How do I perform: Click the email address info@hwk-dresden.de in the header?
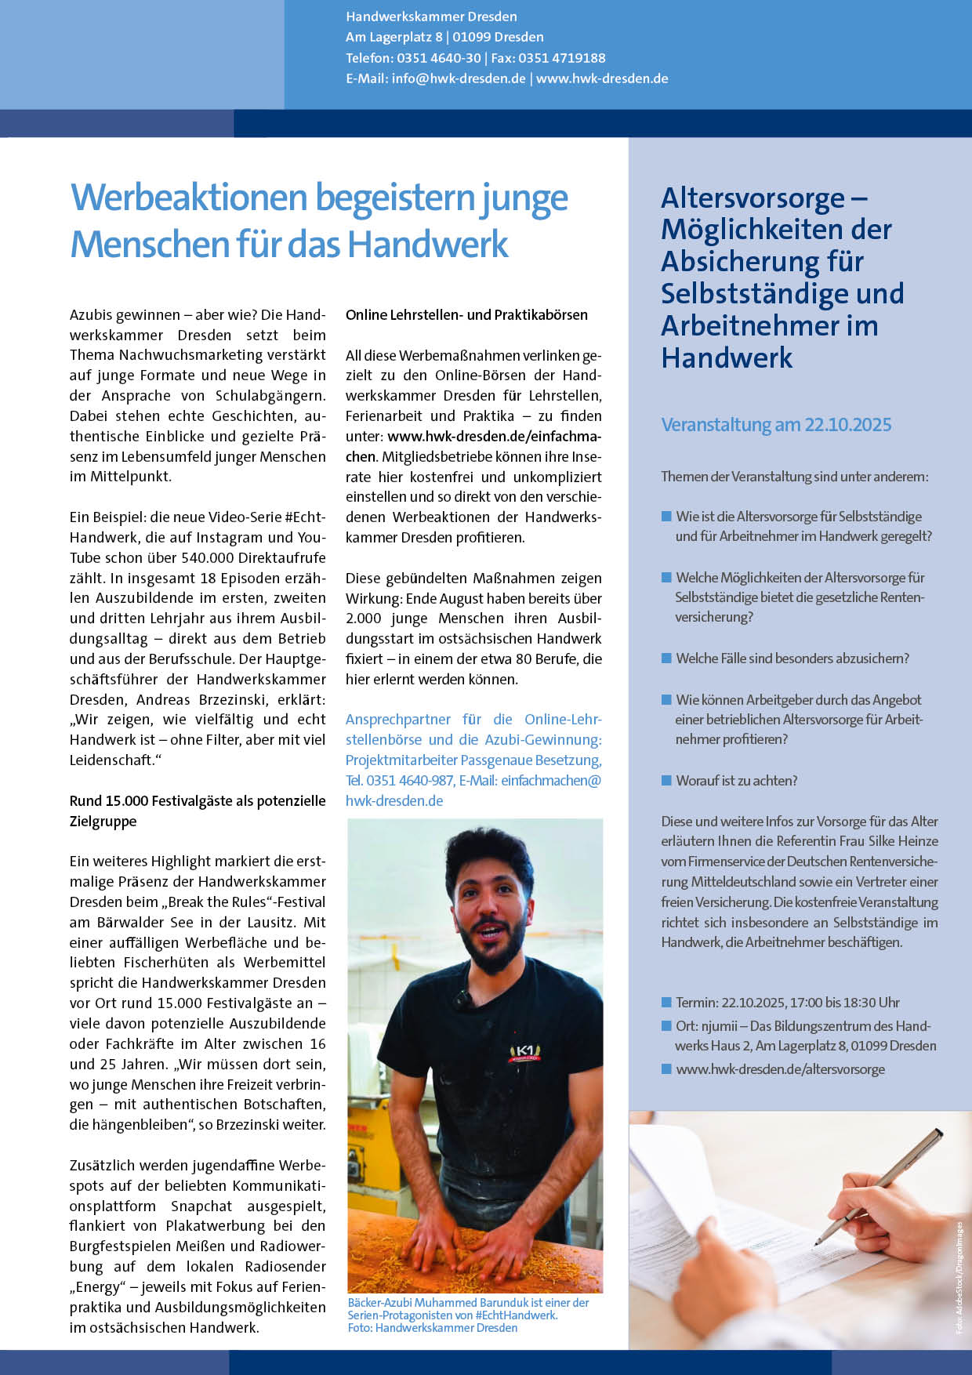459,78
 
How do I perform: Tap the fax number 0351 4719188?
562,58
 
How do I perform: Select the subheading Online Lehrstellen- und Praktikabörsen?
466,315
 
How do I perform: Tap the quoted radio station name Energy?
99,1287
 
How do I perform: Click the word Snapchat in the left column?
201,1206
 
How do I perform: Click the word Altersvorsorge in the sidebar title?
753,198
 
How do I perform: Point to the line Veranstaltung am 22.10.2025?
776,425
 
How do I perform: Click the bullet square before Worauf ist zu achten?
667,780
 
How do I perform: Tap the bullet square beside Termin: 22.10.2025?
667,1003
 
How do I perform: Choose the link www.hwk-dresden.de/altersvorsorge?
780,1069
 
